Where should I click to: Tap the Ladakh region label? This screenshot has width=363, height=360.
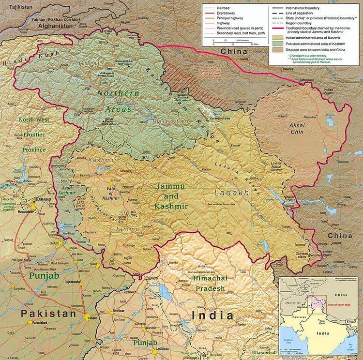pyautogui.click(x=231, y=193)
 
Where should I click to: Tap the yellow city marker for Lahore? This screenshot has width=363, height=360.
pyautogui.click(x=87, y=318)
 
